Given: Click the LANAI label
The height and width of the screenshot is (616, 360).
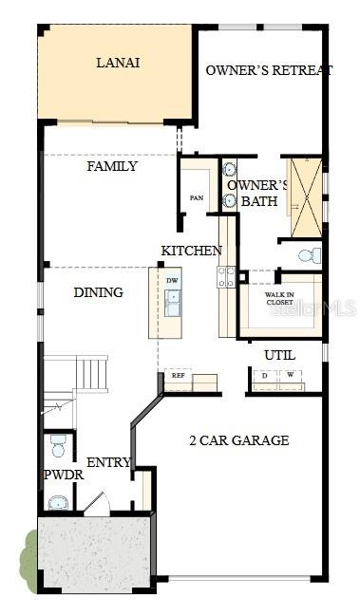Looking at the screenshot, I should click(x=118, y=63).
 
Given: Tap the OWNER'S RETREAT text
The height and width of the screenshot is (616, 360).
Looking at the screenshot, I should click(x=270, y=70).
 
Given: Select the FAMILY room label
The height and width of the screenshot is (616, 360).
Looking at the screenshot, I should click(x=112, y=167).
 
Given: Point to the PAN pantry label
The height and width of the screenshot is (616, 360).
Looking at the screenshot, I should click(x=198, y=198).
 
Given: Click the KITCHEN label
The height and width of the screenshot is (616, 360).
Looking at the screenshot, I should click(x=191, y=251).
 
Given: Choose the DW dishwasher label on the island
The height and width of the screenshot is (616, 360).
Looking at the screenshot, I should click(x=172, y=281).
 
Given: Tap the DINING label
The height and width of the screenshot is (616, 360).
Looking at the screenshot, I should click(x=98, y=292).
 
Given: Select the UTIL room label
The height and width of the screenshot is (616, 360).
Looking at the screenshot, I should click(x=279, y=355).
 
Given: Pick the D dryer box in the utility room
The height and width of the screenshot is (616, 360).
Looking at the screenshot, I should click(x=264, y=376).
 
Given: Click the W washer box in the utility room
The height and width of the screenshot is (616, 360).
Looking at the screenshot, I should click(x=289, y=376).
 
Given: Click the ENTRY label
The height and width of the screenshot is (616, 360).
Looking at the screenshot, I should click(x=108, y=462).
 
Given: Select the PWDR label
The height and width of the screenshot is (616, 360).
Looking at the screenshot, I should click(x=63, y=475).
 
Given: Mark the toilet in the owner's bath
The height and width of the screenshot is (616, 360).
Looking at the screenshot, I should click(x=309, y=255).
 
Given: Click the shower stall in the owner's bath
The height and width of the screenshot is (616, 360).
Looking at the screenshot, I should click(x=306, y=197).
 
